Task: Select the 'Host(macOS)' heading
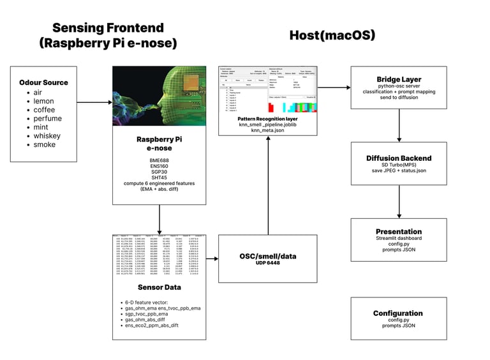point(332,35)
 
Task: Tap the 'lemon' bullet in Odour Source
point(43,101)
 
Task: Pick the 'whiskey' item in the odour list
point(47,136)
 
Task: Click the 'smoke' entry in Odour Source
point(45,145)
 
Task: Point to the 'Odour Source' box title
point(43,82)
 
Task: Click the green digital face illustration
point(159,96)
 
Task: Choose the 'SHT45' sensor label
point(159,177)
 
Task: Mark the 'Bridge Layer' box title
point(399,80)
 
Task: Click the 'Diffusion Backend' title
point(399,158)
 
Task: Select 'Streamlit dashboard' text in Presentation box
point(399,239)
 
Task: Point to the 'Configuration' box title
point(399,313)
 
